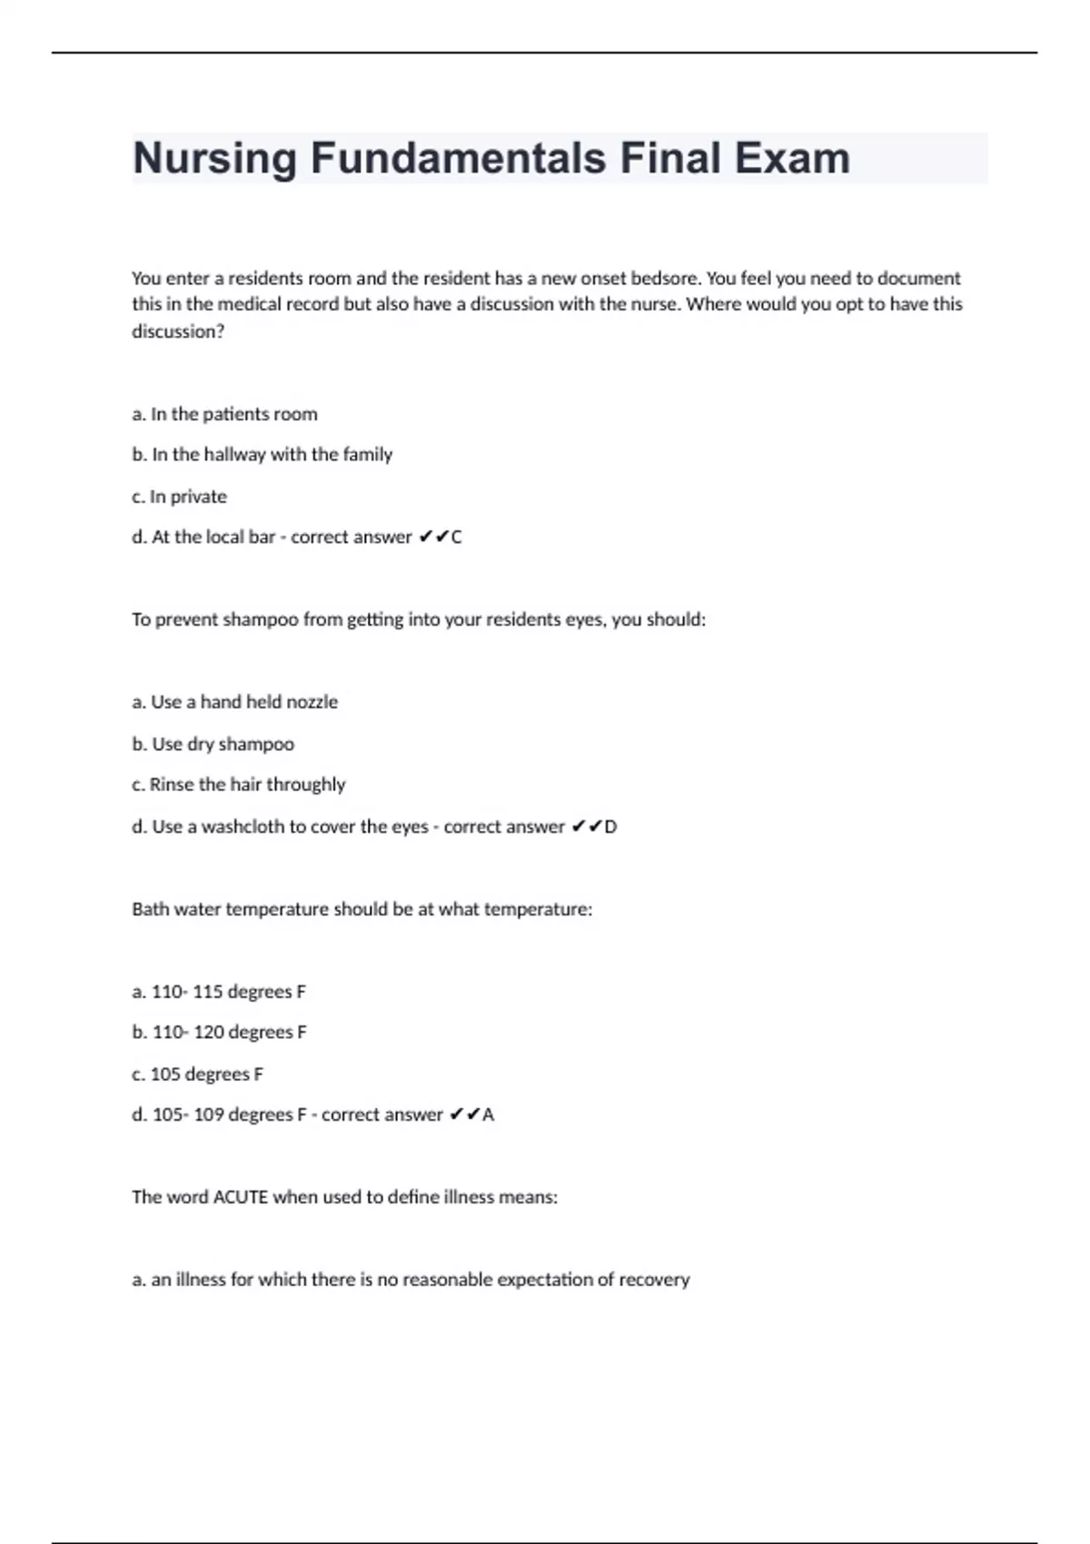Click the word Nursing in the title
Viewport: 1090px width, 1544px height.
coord(215,159)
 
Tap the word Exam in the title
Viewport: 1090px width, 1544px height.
coord(792,159)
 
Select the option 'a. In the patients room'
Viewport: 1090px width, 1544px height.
coord(224,414)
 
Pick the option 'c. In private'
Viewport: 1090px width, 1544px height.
coord(179,497)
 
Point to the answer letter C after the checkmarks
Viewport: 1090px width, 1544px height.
coord(456,538)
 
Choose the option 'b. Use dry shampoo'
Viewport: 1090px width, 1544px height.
coord(213,744)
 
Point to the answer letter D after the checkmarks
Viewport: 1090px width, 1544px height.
coord(610,826)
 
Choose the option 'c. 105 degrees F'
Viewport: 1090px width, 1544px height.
coord(197,1074)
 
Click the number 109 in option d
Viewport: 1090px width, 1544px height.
coord(208,1114)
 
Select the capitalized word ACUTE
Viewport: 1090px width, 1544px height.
coord(241,1197)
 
